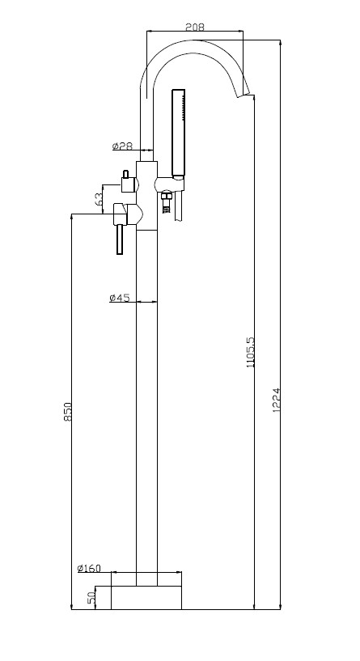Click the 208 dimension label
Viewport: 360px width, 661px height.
pyautogui.click(x=195, y=27)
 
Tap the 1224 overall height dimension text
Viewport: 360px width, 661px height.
pyautogui.click(x=276, y=400)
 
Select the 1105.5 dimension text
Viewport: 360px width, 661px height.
pyautogui.click(x=251, y=352)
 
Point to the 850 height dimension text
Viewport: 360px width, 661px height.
pyautogui.click(x=68, y=412)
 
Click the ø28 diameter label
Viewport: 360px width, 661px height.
pyautogui.click(x=123, y=146)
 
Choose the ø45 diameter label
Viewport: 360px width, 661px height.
pyautogui.click(x=119, y=298)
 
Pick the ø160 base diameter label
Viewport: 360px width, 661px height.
pyautogui.click(x=89, y=568)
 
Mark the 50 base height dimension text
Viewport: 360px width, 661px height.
pyautogui.click(x=91, y=598)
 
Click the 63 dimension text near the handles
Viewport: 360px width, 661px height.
pyautogui.click(x=99, y=199)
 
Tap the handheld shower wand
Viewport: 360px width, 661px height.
pyautogui.click(x=178, y=132)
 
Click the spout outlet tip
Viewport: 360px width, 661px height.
pyautogui.click(x=244, y=95)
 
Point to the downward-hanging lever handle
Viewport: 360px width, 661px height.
pyautogui.click(x=120, y=239)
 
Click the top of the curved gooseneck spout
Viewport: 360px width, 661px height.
pyautogui.click(x=195, y=41)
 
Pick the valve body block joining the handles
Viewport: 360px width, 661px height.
pyautogui.click(x=146, y=195)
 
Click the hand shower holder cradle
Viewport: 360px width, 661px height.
pyautogui.click(x=169, y=184)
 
